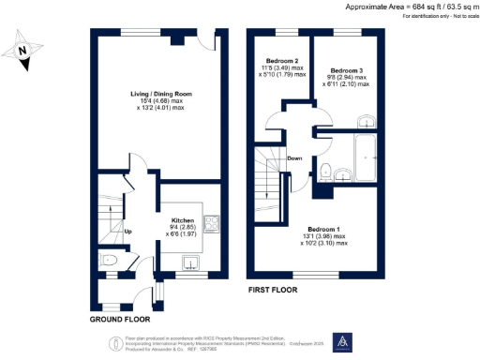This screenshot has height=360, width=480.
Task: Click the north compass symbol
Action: pyautogui.click(x=25, y=47)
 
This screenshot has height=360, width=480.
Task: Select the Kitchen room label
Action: pyautogui.click(x=182, y=220)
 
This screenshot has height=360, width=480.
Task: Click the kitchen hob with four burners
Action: pyautogui.click(x=211, y=223)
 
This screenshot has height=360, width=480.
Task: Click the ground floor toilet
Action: pyautogui.click(x=109, y=261)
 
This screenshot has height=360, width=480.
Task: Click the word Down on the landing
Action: pyautogui.click(x=295, y=157)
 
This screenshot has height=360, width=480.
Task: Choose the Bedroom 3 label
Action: pyautogui.click(x=347, y=69)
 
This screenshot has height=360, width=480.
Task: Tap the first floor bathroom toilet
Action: pyautogui.click(x=324, y=172)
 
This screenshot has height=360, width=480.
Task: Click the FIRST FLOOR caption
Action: pyautogui.click(x=273, y=291)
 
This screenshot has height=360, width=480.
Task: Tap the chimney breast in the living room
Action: pyautogui.click(x=175, y=41)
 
